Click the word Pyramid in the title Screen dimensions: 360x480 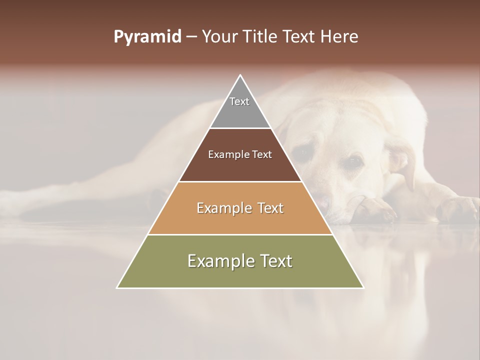tap(147, 37)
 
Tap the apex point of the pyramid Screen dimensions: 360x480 tap(240, 76)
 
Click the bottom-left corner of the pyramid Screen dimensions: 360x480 tap(117, 287)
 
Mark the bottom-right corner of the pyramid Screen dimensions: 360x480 tap(363, 287)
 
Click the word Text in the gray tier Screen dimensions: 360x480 tap(239, 101)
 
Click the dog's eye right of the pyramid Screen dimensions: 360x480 tap(354, 161)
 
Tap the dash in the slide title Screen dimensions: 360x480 tap(191, 37)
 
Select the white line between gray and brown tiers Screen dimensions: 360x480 tap(240, 128)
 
